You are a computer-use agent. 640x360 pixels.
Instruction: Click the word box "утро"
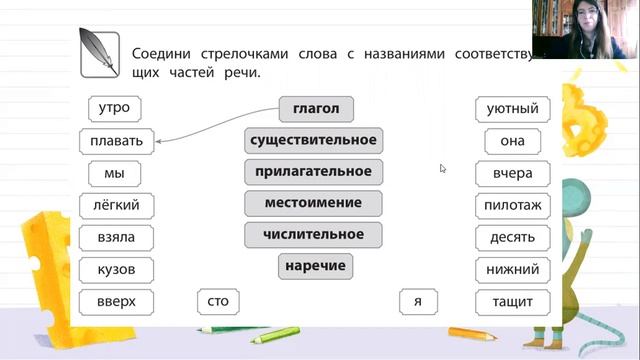[115, 108]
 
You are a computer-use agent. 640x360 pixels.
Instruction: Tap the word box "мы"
[114, 173]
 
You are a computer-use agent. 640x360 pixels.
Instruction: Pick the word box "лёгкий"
[115, 205]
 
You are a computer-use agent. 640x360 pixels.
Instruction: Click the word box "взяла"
[115, 237]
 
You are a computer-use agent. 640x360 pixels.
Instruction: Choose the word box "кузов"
[115, 269]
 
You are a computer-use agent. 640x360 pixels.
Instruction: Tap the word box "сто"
[218, 300]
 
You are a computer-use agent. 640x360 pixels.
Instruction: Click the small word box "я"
[418, 300]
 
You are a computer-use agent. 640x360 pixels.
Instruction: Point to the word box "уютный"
[512, 108]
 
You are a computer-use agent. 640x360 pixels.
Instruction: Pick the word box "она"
[512, 141]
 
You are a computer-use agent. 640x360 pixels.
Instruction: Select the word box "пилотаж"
[512, 205]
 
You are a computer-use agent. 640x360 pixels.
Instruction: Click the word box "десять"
[512, 237]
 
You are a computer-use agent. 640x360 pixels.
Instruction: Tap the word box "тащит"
[512, 301]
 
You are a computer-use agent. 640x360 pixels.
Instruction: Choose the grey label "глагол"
[316, 108]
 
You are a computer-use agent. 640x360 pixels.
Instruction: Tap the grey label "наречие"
[315, 266]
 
